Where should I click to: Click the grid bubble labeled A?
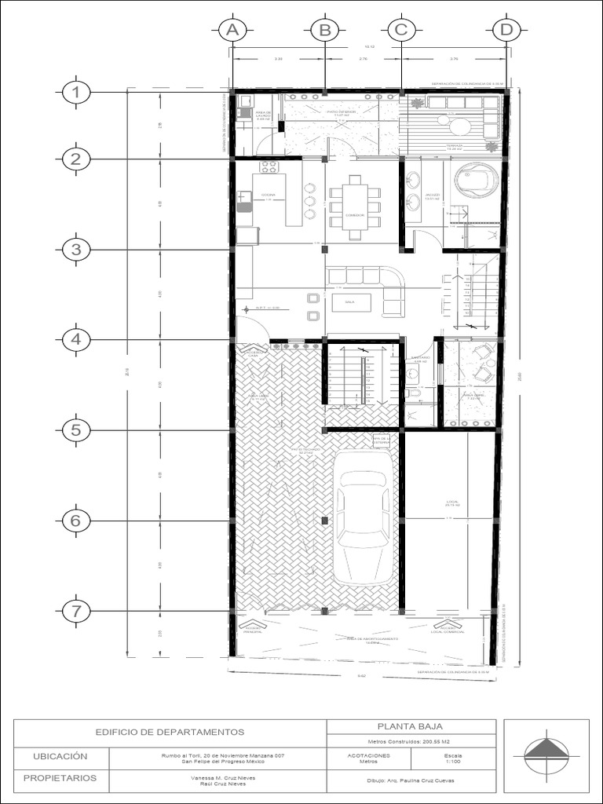click(x=232, y=31)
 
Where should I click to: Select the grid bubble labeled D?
click(x=506, y=31)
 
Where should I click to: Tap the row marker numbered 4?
click(x=75, y=339)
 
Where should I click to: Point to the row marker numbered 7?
click(x=75, y=611)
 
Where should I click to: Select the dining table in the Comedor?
click(x=354, y=206)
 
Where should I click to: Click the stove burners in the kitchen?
click(x=269, y=166)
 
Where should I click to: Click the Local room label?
click(x=451, y=503)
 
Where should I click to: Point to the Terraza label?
click(x=454, y=147)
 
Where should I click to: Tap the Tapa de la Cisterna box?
click(x=382, y=440)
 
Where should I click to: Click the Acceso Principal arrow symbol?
click(x=253, y=626)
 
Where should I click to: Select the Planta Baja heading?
click(x=412, y=727)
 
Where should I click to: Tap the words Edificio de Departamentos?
click(x=170, y=732)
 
